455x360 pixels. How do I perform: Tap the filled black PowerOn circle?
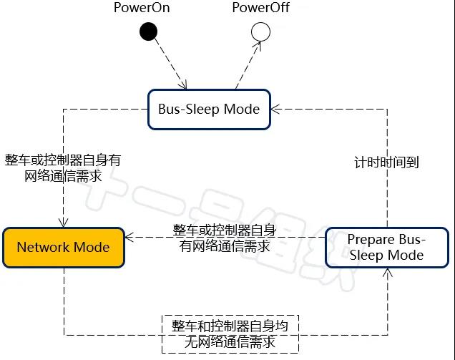click(x=148, y=31)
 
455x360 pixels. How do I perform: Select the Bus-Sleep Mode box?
click(x=208, y=110)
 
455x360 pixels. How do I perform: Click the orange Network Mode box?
click(x=63, y=247)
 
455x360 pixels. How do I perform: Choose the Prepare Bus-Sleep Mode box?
click(x=386, y=247)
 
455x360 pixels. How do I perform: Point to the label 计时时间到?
click(x=386, y=162)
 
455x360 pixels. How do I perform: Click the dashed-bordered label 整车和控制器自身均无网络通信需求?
click(x=230, y=334)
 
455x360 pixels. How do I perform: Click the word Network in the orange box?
click(x=44, y=247)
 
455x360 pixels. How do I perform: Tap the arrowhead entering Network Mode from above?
click(x=64, y=224)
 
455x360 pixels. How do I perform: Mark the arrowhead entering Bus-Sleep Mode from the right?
click(x=273, y=110)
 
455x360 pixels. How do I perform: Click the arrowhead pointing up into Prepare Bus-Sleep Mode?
click(x=387, y=271)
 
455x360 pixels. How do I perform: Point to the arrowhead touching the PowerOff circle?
click(x=257, y=44)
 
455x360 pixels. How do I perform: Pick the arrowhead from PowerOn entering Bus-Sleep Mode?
click(x=185, y=85)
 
